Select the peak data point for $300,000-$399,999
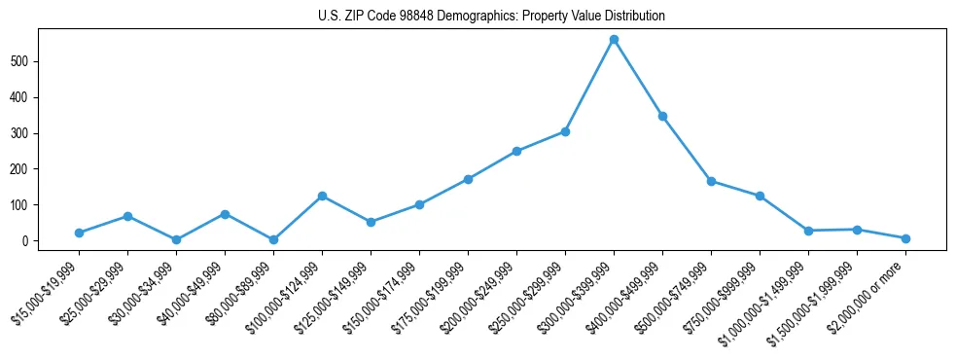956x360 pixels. tap(614, 40)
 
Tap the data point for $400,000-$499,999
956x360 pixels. tap(662, 116)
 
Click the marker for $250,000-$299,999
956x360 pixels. tap(565, 131)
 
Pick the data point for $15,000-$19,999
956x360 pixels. tap(79, 233)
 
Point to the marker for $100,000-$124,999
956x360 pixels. tap(322, 196)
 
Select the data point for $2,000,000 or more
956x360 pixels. tap(905, 238)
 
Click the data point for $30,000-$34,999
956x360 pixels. tap(176, 239)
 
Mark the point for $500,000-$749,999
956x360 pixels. tap(711, 181)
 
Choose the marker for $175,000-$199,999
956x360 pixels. tap(468, 179)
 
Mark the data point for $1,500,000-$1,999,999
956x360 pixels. tap(857, 230)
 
